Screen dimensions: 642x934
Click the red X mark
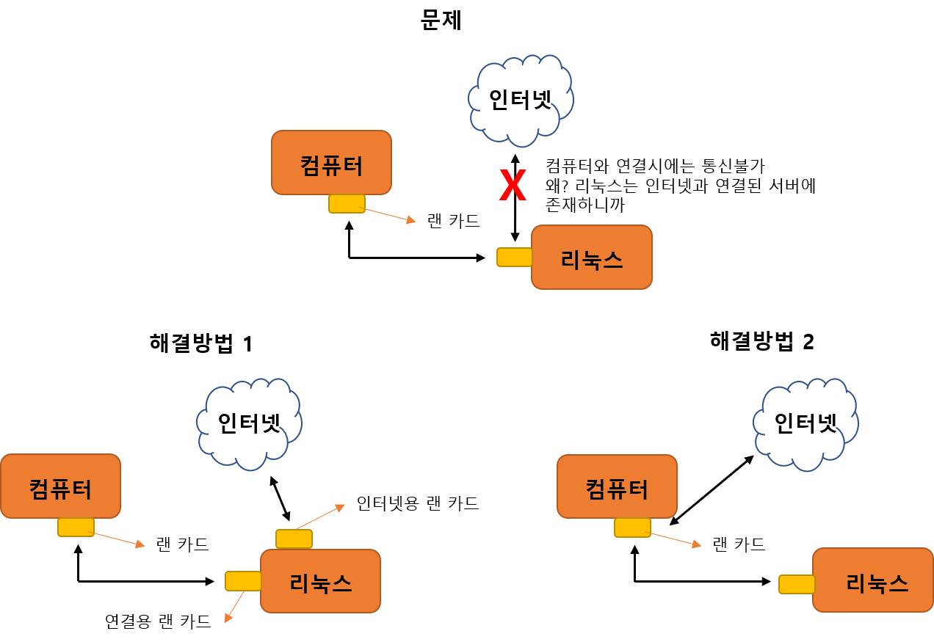click(513, 186)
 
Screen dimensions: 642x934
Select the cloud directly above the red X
click(521, 100)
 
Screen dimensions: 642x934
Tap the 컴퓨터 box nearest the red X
click(331, 163)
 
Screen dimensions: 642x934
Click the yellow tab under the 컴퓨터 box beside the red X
click(347, 203)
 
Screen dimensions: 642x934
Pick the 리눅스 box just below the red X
click(591, 257)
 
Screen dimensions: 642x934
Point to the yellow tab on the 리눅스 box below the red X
click(514, 257)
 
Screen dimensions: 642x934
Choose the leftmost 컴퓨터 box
click(60, 486)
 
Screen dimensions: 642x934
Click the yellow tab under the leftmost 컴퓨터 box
click(76, 527)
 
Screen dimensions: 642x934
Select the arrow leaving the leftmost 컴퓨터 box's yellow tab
click(117, 539)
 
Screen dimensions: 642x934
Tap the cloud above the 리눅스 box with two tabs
click(249, 423)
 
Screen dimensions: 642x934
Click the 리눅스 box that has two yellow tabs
click(320, 581)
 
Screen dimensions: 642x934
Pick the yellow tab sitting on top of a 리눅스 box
click(294, 539)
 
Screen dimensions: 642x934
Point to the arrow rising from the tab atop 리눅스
click(320, 517)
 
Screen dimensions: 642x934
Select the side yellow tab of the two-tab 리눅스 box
click(243, 581)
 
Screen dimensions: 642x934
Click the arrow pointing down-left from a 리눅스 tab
click(234, 607)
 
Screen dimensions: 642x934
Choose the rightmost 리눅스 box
click(872, 580)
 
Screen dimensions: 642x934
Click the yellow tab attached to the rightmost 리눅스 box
click(797, 584)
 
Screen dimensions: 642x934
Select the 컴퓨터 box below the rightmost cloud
click(617, 486)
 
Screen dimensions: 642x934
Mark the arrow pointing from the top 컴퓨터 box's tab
click(390, 215)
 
